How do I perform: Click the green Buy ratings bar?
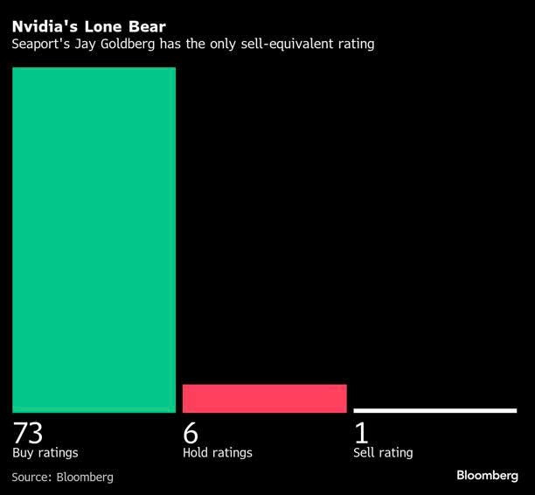(x=94, y=239)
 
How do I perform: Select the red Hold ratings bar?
(x=264, y=398)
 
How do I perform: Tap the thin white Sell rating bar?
(x=434, y=410)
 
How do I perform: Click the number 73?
(x=28, y=433)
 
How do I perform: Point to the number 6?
(x=191, y=433)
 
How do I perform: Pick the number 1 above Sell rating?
(x=361, y=433)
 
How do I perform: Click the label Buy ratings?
(x=45, y=453)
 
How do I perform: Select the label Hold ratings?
(x=217, y=453)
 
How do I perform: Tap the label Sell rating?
(x=383, y=453)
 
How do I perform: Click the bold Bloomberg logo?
(x=487, y=475)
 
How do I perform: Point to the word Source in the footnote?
(x=31, y=477)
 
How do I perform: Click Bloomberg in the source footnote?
(x=85, y=477)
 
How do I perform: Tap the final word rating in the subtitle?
(x=354, y=44)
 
